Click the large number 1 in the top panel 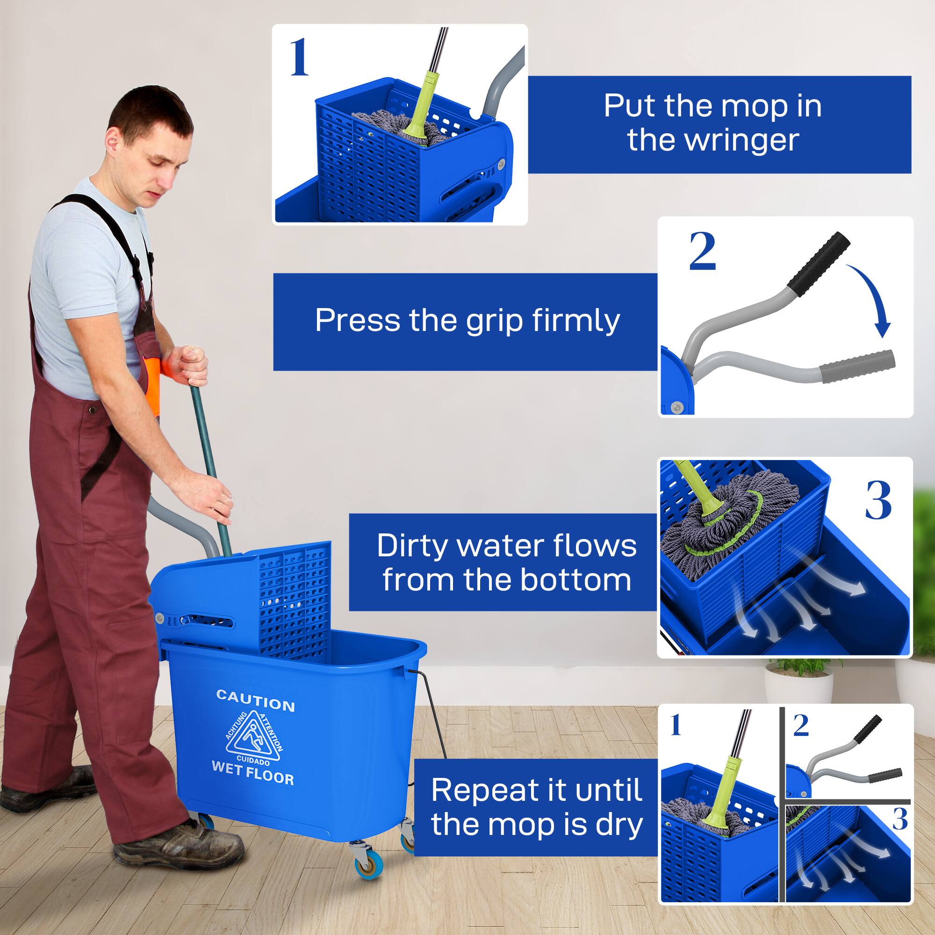click(x=299, y=58)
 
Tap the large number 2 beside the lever click(x=702, y=252)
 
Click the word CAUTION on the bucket click(x=255, y=701)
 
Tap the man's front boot click(x=179, y=843)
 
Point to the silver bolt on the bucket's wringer click(x=159, y=617)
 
